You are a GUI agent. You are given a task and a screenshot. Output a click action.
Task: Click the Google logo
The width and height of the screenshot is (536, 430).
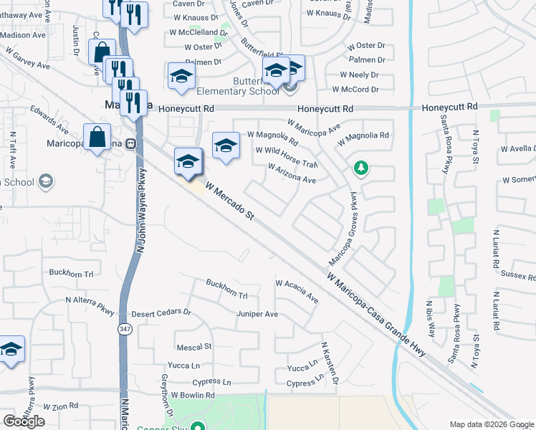(24, 421)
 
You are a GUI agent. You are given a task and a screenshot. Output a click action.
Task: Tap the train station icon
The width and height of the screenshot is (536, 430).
(130, 143)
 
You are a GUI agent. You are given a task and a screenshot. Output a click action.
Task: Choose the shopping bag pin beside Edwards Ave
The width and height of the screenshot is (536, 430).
(97, 138)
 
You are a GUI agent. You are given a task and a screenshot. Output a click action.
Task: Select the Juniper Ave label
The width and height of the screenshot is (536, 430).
(257, 314)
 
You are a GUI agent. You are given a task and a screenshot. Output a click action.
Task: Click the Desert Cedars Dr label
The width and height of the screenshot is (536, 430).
(161, 313)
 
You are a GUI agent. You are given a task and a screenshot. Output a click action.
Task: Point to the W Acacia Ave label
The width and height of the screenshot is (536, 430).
(297, 291)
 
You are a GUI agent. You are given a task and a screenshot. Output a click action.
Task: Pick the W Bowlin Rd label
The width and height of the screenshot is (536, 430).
(192, 395)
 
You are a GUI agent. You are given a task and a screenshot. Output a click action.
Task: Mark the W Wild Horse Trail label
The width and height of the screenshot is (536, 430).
(286, 156)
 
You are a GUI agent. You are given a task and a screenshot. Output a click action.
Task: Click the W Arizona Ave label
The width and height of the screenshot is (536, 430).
(292, 173)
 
